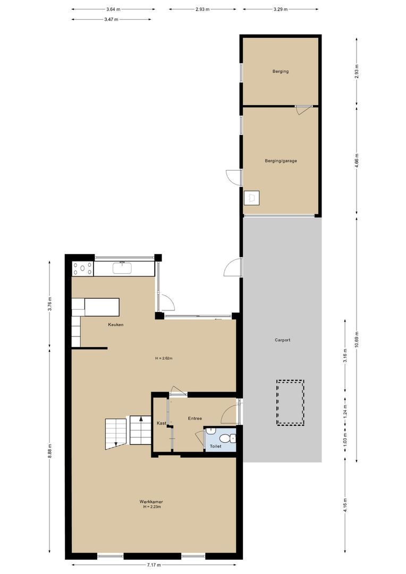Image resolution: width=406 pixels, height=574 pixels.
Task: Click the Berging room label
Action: click(x=280, y=71)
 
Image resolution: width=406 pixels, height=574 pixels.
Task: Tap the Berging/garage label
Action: click(x=281, y=161)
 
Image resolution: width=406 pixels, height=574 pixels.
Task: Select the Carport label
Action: click(x=282, y=340)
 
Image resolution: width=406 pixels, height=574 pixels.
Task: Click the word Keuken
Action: click(x=115, y=325)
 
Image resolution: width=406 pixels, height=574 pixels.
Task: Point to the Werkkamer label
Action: click(x=151, y=502)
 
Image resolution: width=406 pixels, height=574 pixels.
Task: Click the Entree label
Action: click(x=194, y=419)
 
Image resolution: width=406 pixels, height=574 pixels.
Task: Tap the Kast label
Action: click(x=161, y=423)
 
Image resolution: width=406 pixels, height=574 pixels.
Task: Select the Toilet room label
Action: click(x=215, y=446)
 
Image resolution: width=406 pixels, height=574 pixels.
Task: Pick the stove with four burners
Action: click(x=83, y=269)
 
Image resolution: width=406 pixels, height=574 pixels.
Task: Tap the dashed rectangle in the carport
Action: click(x=290, y=402)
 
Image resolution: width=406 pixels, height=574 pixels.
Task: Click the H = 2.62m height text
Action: click(x=164, y=358)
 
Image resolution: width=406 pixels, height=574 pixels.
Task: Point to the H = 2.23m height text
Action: click(x=151, y=507)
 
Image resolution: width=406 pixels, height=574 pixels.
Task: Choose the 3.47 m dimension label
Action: click(x=112, y=19)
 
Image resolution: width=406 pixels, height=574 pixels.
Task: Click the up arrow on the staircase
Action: click(x=141, y=418)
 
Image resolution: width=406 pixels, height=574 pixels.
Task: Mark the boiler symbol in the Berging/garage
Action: click(x=251, y=198)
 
